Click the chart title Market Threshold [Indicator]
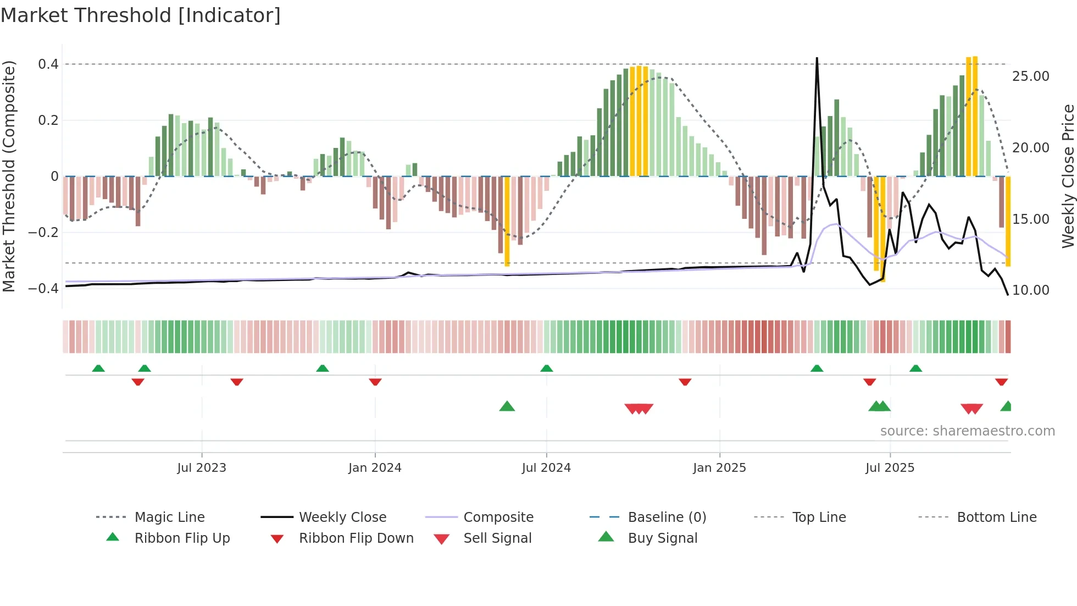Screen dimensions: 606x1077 141,15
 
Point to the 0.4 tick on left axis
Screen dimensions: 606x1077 48,64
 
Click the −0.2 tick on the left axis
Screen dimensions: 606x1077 43,232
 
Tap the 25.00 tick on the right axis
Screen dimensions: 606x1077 1030,76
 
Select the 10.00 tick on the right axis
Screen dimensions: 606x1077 1030,290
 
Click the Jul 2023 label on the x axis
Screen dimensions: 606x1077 202,468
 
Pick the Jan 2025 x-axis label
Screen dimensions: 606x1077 719,468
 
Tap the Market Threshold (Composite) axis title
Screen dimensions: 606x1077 9,176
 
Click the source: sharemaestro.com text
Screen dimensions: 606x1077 967,431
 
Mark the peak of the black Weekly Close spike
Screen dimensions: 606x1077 817,58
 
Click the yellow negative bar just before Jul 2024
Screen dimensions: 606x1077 507,221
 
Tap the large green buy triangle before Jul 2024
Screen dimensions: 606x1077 507,406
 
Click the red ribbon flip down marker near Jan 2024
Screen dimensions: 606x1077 375,382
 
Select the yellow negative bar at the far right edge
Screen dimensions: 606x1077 1008,221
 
